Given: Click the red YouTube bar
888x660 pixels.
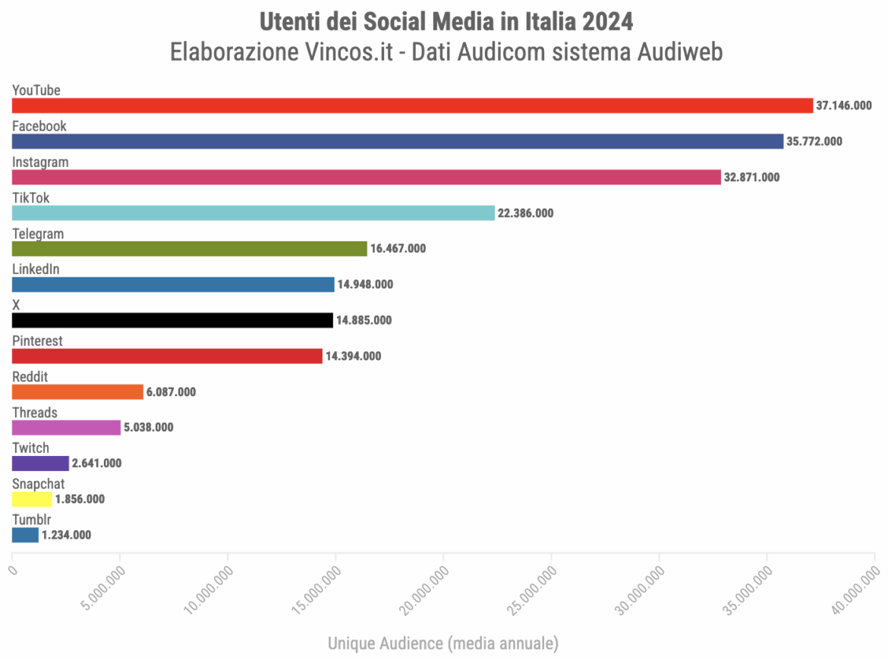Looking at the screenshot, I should (x=412, y=105).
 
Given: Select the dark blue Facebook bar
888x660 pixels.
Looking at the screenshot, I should (x=398, y=141).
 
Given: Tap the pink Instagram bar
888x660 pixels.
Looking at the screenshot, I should (x=366, y=177).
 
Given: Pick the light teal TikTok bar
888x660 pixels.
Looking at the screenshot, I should (x=253, y=213).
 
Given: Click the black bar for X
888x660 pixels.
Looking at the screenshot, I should (x=172, y=320).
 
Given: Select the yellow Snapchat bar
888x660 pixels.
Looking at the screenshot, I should (x=32, y=499).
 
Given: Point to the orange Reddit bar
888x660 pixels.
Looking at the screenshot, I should (x=77, y=391).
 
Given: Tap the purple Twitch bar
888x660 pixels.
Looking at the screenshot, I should (x=40, y=464).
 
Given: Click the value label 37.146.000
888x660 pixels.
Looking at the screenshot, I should (x=843, y=105).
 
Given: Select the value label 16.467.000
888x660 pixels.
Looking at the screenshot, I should (x=398, y=249).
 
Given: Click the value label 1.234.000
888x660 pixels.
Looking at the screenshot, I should (x=66, y=535).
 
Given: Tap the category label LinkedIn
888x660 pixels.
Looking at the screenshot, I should (x=36, y=269).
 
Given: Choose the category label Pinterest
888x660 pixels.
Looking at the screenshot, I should (x=37, y=341).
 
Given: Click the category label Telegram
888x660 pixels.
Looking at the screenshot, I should (x=38, y=234).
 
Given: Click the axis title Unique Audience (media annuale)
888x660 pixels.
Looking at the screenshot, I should (x=443, y=643).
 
